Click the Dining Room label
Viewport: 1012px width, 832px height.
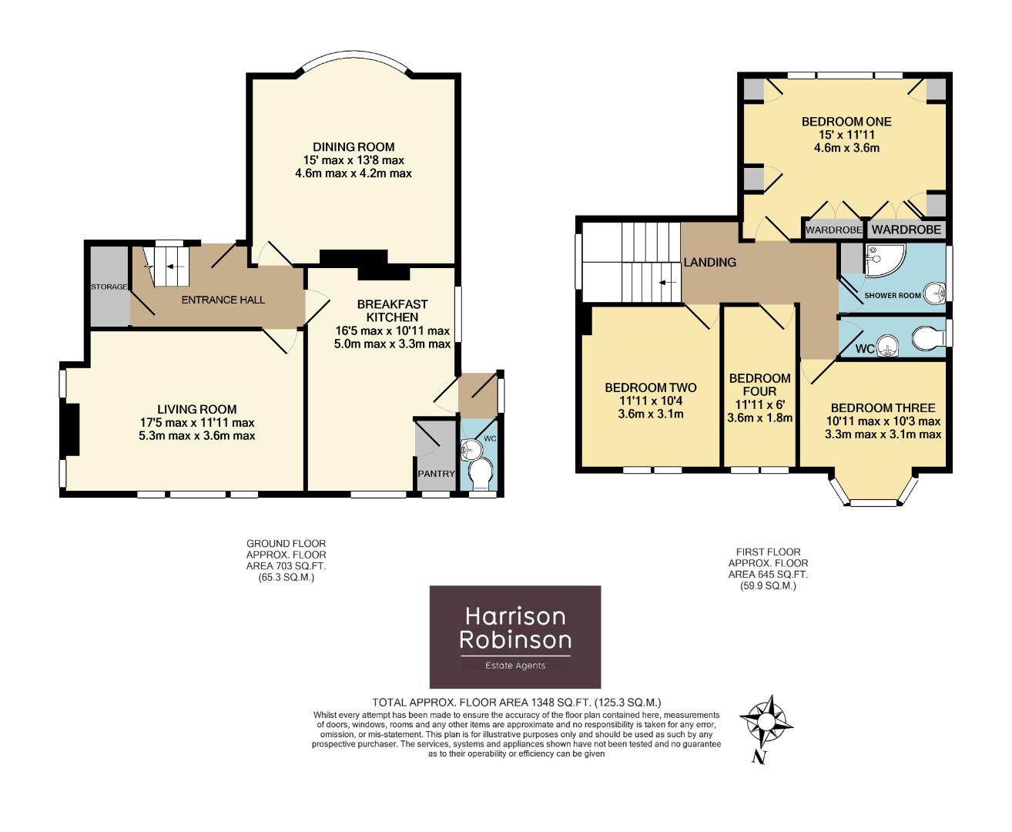(354, 147)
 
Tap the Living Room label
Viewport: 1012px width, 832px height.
(196, 410)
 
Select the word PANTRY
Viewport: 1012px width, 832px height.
(436, 474)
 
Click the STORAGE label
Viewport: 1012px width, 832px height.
(109, 287)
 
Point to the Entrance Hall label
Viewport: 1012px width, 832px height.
(223, 300)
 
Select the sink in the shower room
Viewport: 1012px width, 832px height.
(933, 294)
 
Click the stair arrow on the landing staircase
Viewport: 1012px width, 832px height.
(668, 282)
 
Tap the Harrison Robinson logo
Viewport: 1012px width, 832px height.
(515, 636)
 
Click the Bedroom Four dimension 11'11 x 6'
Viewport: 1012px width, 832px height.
(759, 404)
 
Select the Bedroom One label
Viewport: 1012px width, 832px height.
(846, 122)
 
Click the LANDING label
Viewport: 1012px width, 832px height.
(709, 262)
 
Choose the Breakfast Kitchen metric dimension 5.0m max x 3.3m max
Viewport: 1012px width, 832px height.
(392, 344)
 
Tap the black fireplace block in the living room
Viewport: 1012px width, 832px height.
(72, 429)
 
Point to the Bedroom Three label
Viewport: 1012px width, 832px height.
(883, 408)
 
